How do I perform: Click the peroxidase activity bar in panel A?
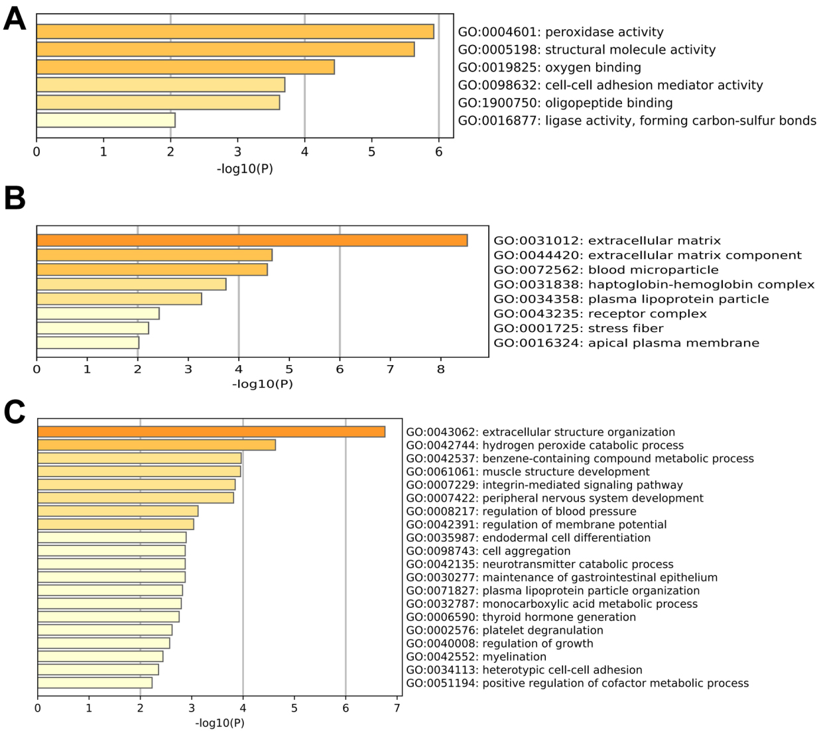[235, 32]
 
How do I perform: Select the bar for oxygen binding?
[186, 67]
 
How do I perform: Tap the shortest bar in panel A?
[106, 121]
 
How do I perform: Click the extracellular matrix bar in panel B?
[252, 241]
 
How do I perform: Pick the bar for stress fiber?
[93, 328]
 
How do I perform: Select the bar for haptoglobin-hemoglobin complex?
[131, 284]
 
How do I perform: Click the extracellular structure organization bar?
[212, 432]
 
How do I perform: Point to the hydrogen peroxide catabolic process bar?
[157, 445]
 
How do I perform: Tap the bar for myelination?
[100, 657]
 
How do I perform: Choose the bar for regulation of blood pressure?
[118, 511]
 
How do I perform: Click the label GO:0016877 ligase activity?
[637, 121]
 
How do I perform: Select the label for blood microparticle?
[606, 270]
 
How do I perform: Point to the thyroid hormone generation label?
[521, 617]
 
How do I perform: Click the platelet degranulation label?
[505, 630]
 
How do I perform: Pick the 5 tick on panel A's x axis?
[371, 152]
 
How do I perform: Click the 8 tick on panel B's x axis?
[440, 370]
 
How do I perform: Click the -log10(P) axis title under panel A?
[245, 169]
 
